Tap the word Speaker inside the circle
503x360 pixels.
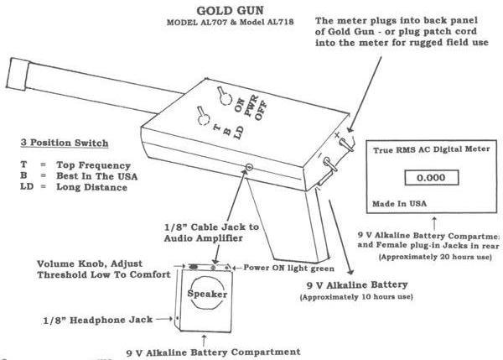coord(202,295)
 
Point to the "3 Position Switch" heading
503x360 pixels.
coord(60,143)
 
